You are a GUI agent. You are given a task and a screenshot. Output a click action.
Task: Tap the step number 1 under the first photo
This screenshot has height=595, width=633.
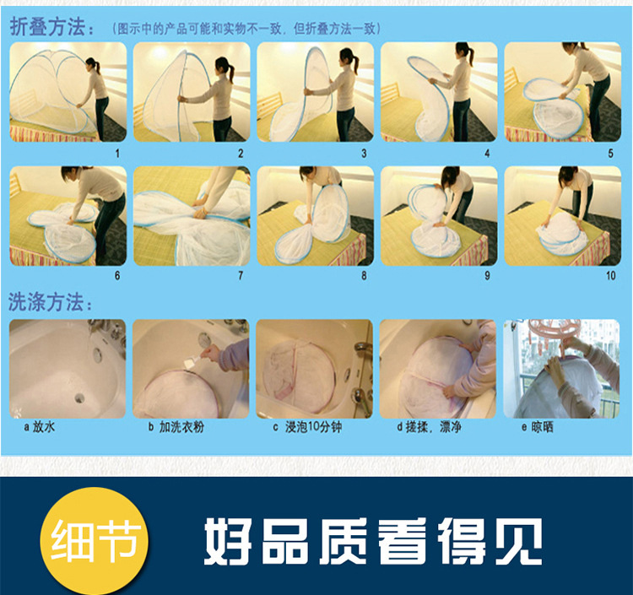(117, 154)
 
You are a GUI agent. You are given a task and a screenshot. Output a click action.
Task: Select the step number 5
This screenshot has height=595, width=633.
(611, 154)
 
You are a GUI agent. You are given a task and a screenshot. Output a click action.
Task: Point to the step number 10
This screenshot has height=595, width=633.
(610, 276)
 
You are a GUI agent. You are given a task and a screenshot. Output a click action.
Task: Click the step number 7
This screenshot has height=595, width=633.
(241, 276)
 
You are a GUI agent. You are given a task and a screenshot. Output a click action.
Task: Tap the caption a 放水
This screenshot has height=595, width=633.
(40, 427)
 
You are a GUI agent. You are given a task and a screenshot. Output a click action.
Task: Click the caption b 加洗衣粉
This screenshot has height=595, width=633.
(176, 427)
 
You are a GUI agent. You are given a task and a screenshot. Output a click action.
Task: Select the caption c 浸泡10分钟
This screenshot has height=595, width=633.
(307, 427)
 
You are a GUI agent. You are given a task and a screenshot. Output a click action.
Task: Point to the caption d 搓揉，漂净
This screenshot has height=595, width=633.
(429, 427)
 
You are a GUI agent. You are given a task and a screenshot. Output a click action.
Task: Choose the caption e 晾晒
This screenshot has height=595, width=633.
(538, 427)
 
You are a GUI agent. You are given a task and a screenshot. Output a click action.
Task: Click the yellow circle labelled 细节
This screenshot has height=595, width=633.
(95, 541)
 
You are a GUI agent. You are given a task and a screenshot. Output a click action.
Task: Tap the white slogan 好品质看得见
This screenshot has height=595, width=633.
(373, 541)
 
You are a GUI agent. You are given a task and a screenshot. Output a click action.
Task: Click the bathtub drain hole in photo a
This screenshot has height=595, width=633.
(79, 398)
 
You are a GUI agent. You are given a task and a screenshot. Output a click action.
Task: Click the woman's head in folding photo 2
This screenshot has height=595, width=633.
(224, 65)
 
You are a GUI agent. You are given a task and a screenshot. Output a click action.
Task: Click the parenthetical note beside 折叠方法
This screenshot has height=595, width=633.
(246, 29)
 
